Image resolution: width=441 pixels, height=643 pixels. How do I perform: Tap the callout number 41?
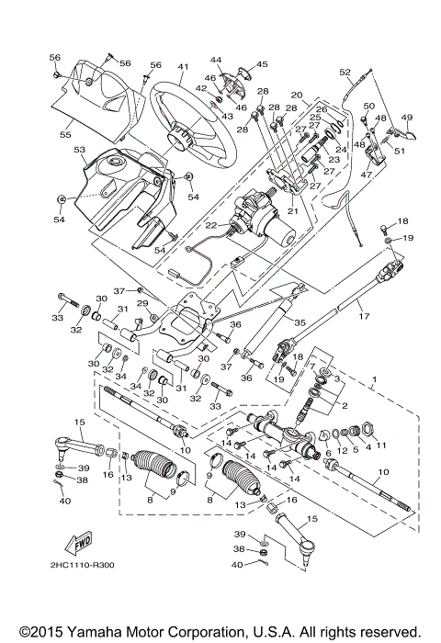pyautogui.click(x=183, y=66)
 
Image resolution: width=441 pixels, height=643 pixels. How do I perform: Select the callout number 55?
pyautogui.click(x=65, y=134)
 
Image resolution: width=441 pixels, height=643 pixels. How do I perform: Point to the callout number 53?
pyautogui.click(x=80, y=149)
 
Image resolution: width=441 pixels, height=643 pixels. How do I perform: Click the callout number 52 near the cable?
pyautogui.click(x=345, y=72)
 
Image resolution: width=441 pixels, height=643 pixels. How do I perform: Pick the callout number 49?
pyautogui.click(x=407, y=117)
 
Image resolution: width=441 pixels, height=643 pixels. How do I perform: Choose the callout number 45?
pyautogui.click(x=262, y=63)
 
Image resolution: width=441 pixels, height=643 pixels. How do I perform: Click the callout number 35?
pyautogui.click(x=300, y=322)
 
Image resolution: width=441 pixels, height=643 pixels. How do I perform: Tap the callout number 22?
pyautogui.click(x=210, y=225)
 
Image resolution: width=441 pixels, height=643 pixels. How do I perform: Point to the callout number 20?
pyautogui.click(x=297, y=95)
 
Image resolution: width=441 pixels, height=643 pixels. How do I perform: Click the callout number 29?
pyautogui.click(x=142, y=303)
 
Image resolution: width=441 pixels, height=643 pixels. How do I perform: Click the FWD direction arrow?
pyautogui.click(x=82, y=541)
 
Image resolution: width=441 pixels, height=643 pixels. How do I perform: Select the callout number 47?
pyautogui.click(x=367, y=174)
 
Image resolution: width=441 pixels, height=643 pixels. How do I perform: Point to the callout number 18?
pyautogui.click(x=401, y=221)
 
